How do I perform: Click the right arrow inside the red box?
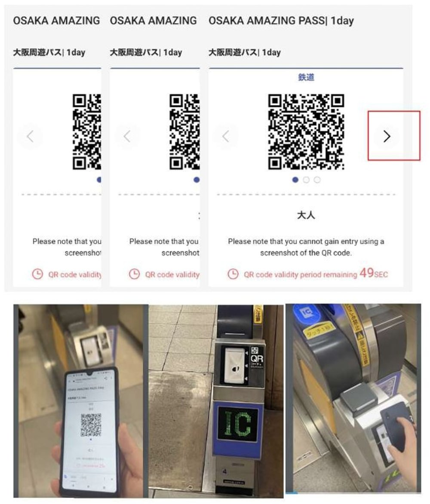[387, 137]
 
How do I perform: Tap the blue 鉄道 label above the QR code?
[306, 77]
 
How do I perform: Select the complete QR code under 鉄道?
[306, 131]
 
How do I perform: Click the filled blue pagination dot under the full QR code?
[295, 180]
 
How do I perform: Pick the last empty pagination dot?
[317, 180]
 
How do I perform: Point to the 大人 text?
[306, 215]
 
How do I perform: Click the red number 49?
[366, 273]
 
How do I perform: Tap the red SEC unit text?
[381, 275]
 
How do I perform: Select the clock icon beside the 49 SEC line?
[233, 274]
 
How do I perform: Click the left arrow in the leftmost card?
[30, 137]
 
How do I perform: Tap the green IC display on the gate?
[237, 424]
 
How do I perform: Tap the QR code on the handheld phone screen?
[91, 425]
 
